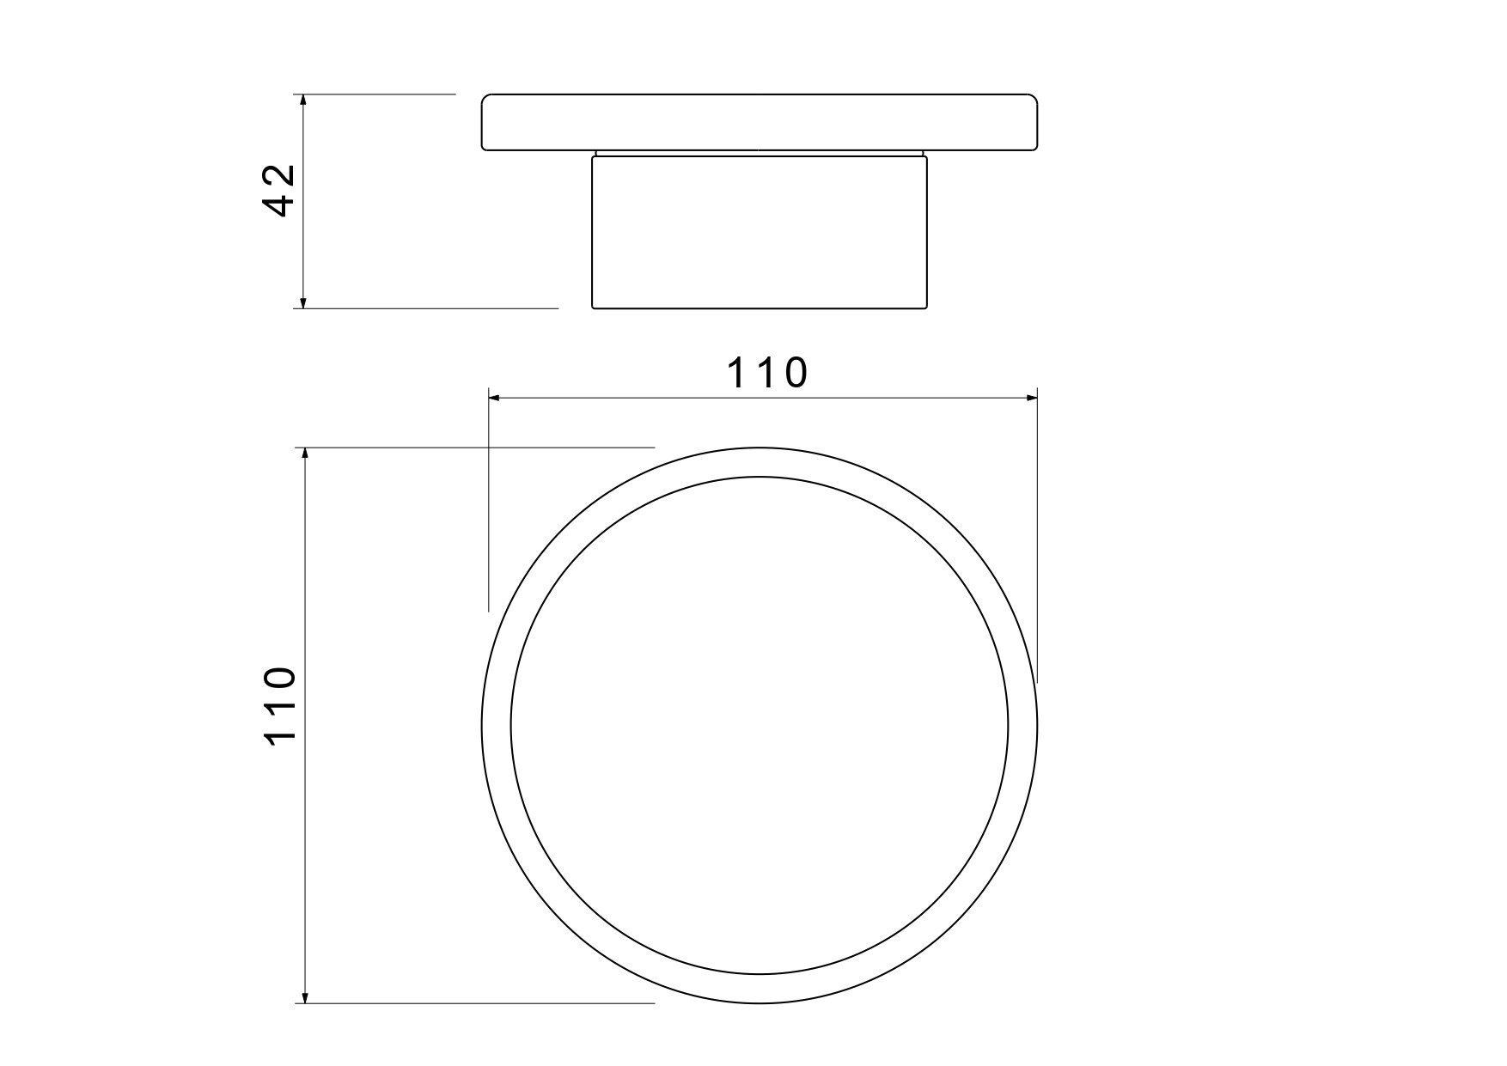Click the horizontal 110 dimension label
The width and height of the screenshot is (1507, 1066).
coord(768,374)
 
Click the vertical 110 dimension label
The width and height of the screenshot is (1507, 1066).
coord(280,705)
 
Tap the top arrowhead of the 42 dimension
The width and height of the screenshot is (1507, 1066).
coord(302,101)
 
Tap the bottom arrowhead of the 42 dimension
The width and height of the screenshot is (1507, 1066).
coord(302,301)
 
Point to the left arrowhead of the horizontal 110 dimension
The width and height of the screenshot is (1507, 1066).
coord(496,398)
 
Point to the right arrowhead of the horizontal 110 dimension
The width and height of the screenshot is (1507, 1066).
coord(1030,398)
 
